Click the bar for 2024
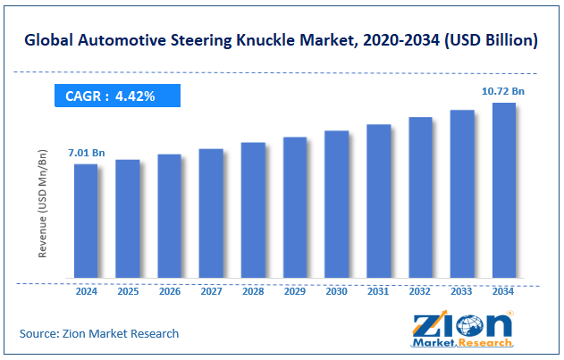(x=86, y=221)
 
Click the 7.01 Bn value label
(x=87, y=154)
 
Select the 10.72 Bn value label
(x=504, y=92)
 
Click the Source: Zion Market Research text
(x=99, y=333)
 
